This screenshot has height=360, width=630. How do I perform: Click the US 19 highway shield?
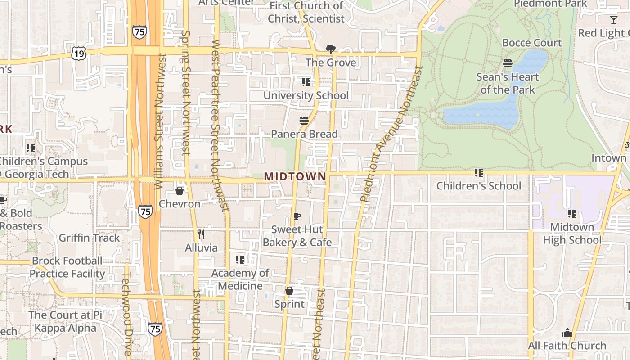pyautogui.click(x=78, y=54)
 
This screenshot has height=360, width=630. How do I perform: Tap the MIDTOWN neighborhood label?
pyautogui.click(x=295, y=176)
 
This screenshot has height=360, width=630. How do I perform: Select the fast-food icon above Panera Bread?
pyautogui.click(x=304, y=121)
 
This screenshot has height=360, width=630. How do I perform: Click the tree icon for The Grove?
pyautogui.click(x=331, y=49)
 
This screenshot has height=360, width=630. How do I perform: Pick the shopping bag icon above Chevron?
pyautogui.click(x=180, y=191)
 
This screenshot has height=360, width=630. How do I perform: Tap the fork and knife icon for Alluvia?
pyautogui.click(x=201, y=234)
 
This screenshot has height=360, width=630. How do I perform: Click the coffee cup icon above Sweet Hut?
pyautogui.click(x=297, y=216)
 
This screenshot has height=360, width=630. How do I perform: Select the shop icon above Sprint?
pyautogui.click(x=289, y=291)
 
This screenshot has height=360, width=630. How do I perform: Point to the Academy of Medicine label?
pyautogui.click(x=240, y=279)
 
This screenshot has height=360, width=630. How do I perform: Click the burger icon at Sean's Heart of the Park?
pyautogui.click(x=508, y=63)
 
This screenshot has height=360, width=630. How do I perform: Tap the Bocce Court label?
pyautogui.click(x=532, y=43)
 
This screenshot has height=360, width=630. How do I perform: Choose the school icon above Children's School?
pyautogui.click(x=479, y=172)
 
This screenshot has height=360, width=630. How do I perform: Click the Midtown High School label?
pyautogui.click(x=572, y=234)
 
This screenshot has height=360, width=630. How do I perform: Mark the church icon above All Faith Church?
pyautogui.click(x=567, y=333)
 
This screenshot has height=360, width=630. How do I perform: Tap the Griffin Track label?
pyautogui.click(x=89, y=238)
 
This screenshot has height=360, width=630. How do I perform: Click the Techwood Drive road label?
pyautogui.click(x=127, y=313)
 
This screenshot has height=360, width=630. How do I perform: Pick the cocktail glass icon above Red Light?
pyautogui.click(x=613, y=19)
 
